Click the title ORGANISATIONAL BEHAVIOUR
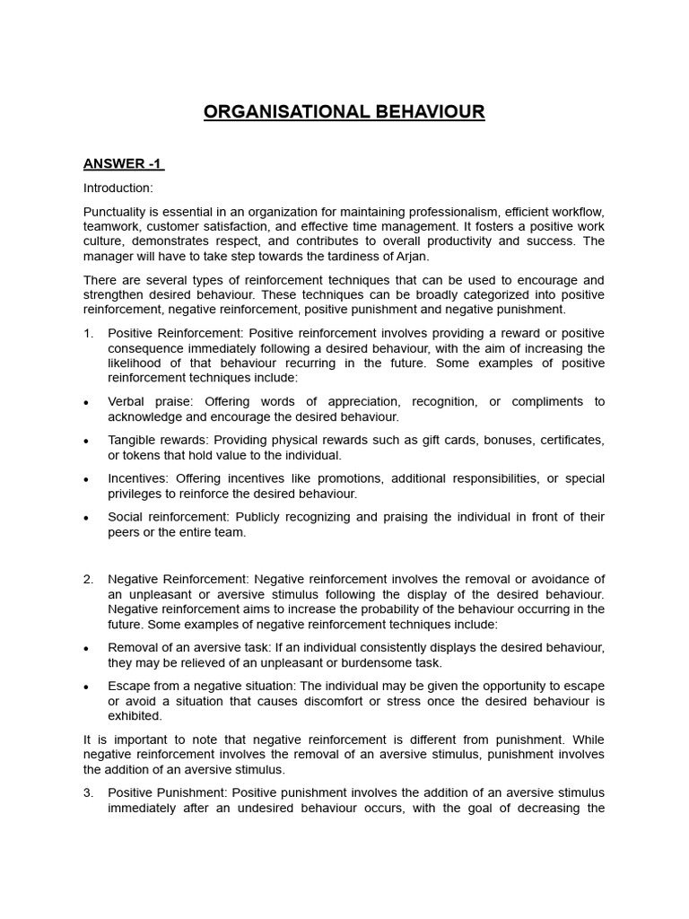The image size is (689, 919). (x=344, y=112)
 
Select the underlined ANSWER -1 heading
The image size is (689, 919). (x=123, y=163)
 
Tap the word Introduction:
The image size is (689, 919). (x=118, y=188)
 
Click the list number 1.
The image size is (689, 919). (x=88, y=333)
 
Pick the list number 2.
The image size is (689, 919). (x=88, y=578)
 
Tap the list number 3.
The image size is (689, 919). (x=88, y=792)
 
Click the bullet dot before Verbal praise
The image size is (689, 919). (x=86, y=402)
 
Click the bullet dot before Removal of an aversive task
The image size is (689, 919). (x=86, y=648)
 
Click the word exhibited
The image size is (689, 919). (x=135, y=715)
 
